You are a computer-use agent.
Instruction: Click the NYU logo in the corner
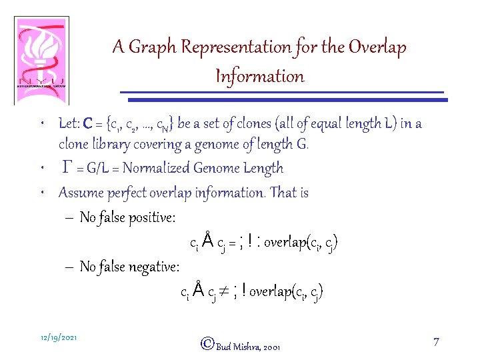41,60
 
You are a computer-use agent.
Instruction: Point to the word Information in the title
259,76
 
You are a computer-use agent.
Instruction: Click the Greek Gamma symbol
67,168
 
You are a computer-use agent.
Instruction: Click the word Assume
79,193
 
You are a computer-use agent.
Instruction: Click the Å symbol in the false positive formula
207,241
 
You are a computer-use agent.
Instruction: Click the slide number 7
435,342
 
